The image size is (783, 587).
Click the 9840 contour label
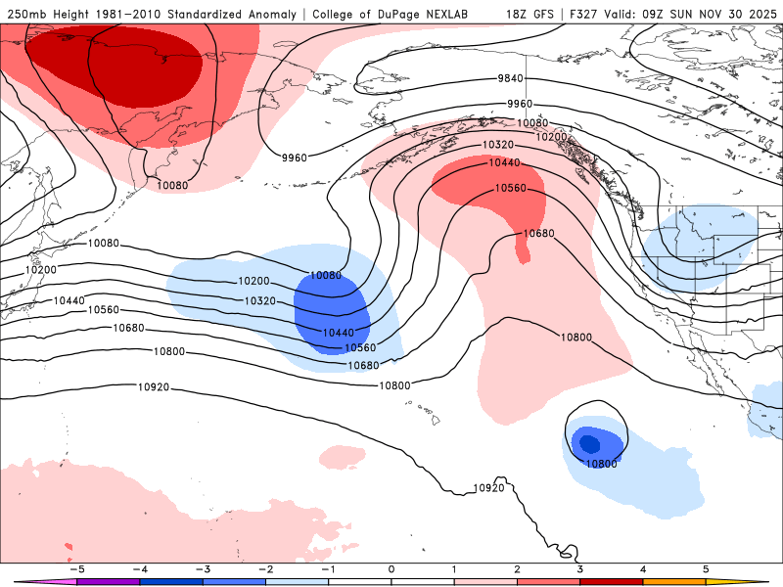511,79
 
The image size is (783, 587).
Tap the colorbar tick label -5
75,568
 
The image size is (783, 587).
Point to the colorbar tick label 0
391,568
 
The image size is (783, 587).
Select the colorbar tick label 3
579,568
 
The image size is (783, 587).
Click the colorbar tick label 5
706,568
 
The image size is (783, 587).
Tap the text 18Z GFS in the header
530,15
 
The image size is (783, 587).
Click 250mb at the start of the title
26,15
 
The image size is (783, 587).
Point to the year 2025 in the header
759,15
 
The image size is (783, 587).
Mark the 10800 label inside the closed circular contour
602,464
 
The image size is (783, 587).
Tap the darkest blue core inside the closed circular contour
589,443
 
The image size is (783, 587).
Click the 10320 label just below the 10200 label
259,300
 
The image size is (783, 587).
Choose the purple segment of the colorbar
108,580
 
